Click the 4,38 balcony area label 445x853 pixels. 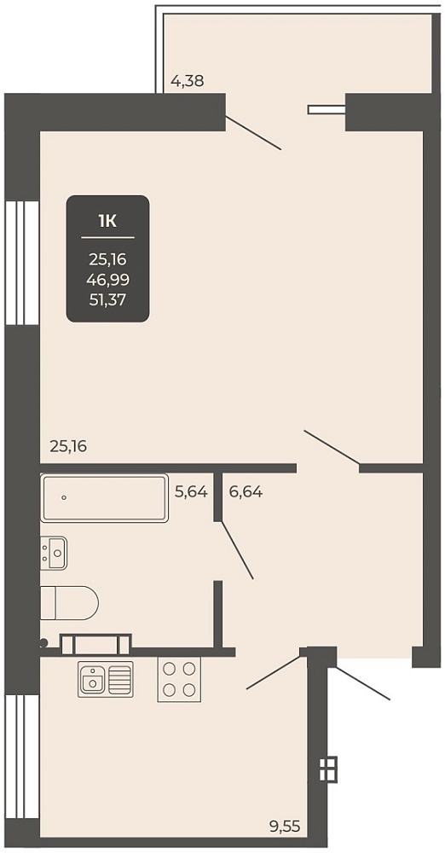coord(188,82)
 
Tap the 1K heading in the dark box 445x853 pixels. coord(107,220)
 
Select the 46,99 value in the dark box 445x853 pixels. coord(107,279)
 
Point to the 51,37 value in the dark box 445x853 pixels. coord(107,299)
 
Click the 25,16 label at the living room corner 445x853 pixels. coord(68,447)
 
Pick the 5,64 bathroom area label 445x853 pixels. coord(191,492)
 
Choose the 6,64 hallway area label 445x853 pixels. coord(246,492)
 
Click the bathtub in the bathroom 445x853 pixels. coord(105,498)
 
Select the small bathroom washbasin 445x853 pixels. coord(54,553)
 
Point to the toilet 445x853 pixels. coord(69,603)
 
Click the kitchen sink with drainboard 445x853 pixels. coord(106,680)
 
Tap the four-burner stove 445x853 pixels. coord(179,680)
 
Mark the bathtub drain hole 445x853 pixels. coord(64,497)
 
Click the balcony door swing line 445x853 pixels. coord(253,133)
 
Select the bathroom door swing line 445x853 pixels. coord(237,550)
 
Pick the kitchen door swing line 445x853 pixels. coord(274,672)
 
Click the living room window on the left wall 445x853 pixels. coord(22,263)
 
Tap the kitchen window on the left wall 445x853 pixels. coord(22,756)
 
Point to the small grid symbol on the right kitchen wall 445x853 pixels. coord(328,769)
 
